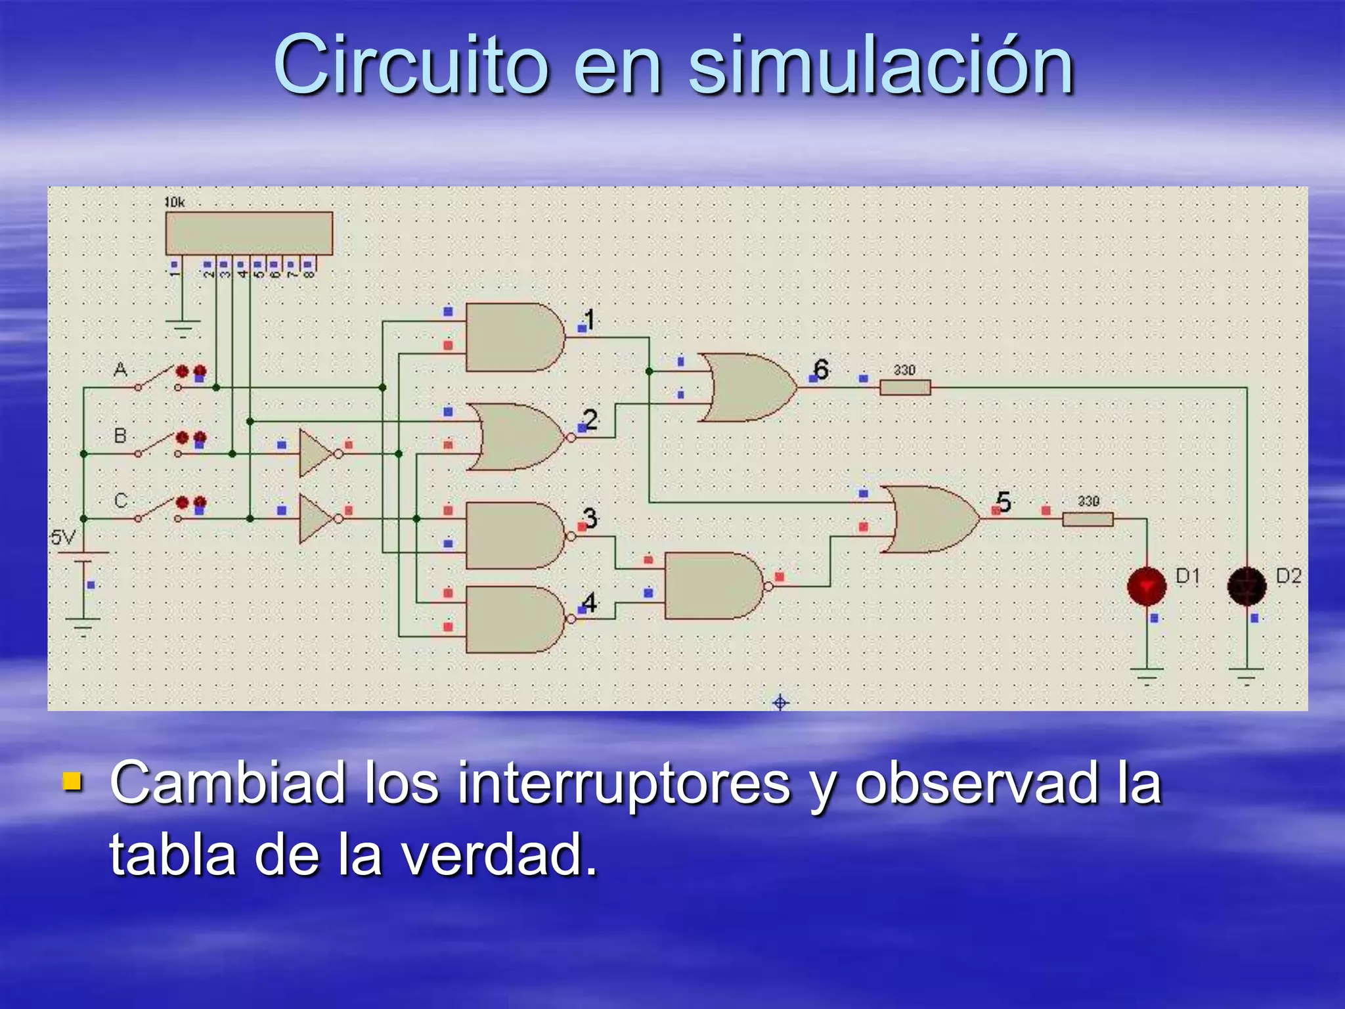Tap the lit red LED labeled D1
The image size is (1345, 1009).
[x=1147, y=586]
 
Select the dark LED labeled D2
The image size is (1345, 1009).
[x=1246, y=586]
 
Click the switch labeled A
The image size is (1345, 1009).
[x=158, y=380]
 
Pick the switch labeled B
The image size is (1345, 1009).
[x=158, y=445]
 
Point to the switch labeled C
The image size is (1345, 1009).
[x=158, y=510]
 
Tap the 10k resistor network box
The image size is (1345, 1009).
[x=249, y=233]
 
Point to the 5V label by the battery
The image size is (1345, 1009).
[x=63, y=538]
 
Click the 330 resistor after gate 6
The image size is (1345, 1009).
[x=905, y=388]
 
